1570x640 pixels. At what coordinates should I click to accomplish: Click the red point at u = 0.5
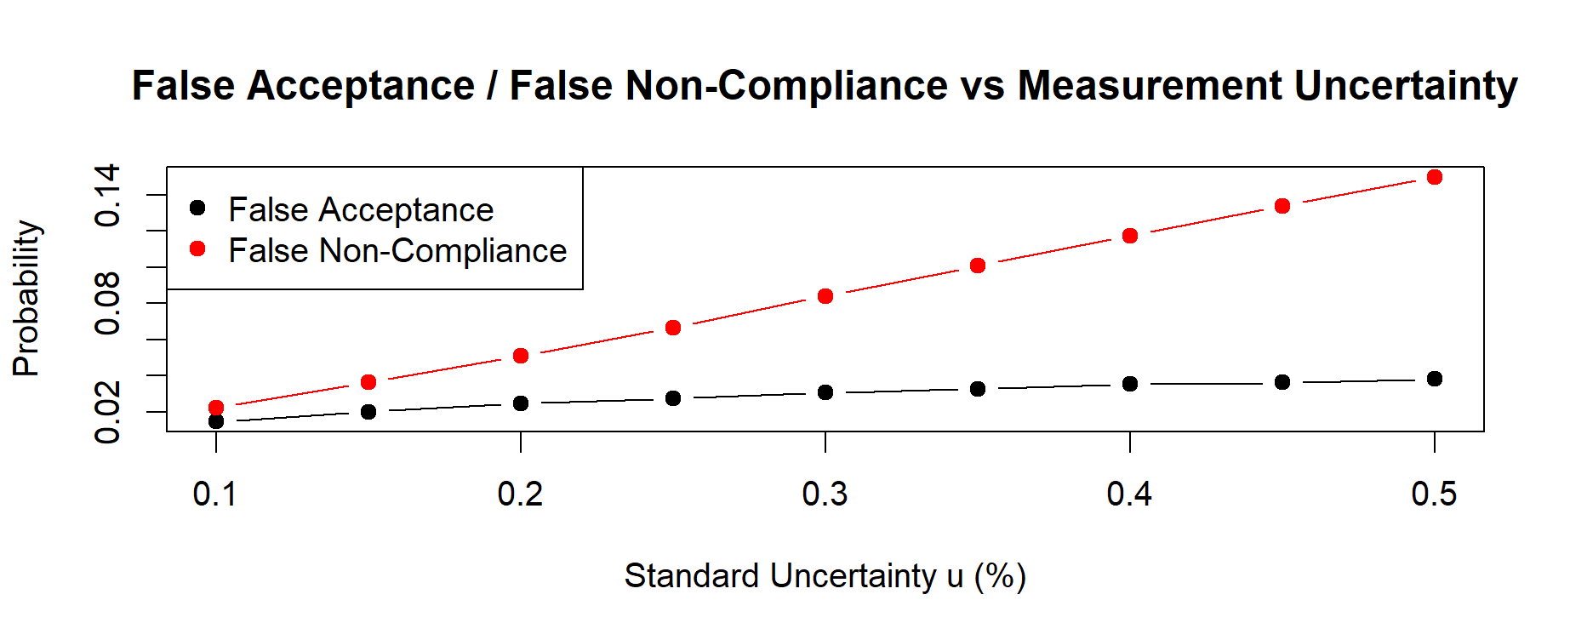pos(1435,177)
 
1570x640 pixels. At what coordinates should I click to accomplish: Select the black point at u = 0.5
pos(1435,379)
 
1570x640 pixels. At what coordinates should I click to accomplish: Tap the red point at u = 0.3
pos(825,296)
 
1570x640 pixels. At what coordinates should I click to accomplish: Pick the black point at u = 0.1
pos(216,421)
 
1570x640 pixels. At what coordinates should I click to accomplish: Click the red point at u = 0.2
pos(521,356)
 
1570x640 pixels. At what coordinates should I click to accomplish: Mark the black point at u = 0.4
pos(1130,384)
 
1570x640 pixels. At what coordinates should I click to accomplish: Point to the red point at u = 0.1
pos(216,408)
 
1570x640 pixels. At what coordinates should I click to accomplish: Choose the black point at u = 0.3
pos(825,392)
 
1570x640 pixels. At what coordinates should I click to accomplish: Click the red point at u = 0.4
pos(1130,236)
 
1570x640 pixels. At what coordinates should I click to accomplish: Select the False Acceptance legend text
pos(361,209)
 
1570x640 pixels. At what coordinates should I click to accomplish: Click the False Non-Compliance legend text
pos(397,250)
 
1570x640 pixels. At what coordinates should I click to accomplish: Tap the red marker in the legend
pos(197,249)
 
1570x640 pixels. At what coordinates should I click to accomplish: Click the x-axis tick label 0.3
pos(825,494)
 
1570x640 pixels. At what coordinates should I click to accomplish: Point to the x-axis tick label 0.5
pos(1435,494)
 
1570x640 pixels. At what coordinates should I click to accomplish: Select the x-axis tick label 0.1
pos(216,494)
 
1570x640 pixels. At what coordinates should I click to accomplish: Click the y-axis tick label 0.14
pos(108,196)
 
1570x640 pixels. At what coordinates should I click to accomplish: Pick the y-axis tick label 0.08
pos(108,303)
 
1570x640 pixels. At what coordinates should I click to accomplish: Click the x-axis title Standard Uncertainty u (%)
pos(825,576)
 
